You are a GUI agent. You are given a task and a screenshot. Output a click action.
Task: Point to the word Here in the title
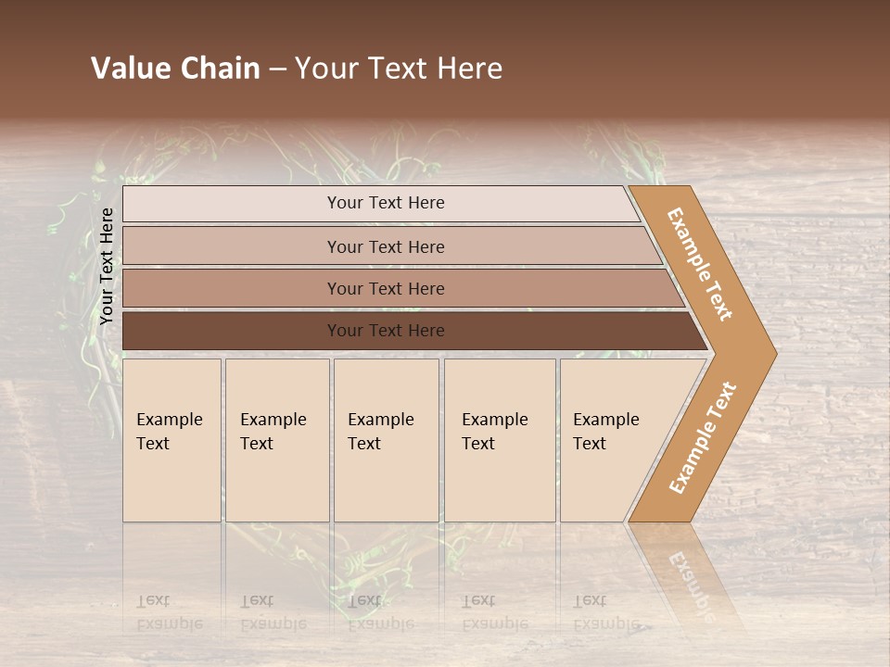469,69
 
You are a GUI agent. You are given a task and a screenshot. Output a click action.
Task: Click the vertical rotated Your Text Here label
107,267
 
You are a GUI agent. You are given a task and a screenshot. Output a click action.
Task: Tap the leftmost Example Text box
172,440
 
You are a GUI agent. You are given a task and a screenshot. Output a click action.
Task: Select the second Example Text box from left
277,440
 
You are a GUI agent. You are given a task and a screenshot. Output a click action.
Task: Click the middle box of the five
386,440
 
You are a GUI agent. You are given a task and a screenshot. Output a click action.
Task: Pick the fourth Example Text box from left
500,440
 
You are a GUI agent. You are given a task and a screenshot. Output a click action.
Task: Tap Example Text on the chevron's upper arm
700,264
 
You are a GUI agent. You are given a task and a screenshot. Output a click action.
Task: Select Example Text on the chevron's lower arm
703,437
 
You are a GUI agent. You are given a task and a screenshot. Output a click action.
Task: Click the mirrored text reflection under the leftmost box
170,611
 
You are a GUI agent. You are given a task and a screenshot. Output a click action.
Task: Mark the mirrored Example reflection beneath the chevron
691,584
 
